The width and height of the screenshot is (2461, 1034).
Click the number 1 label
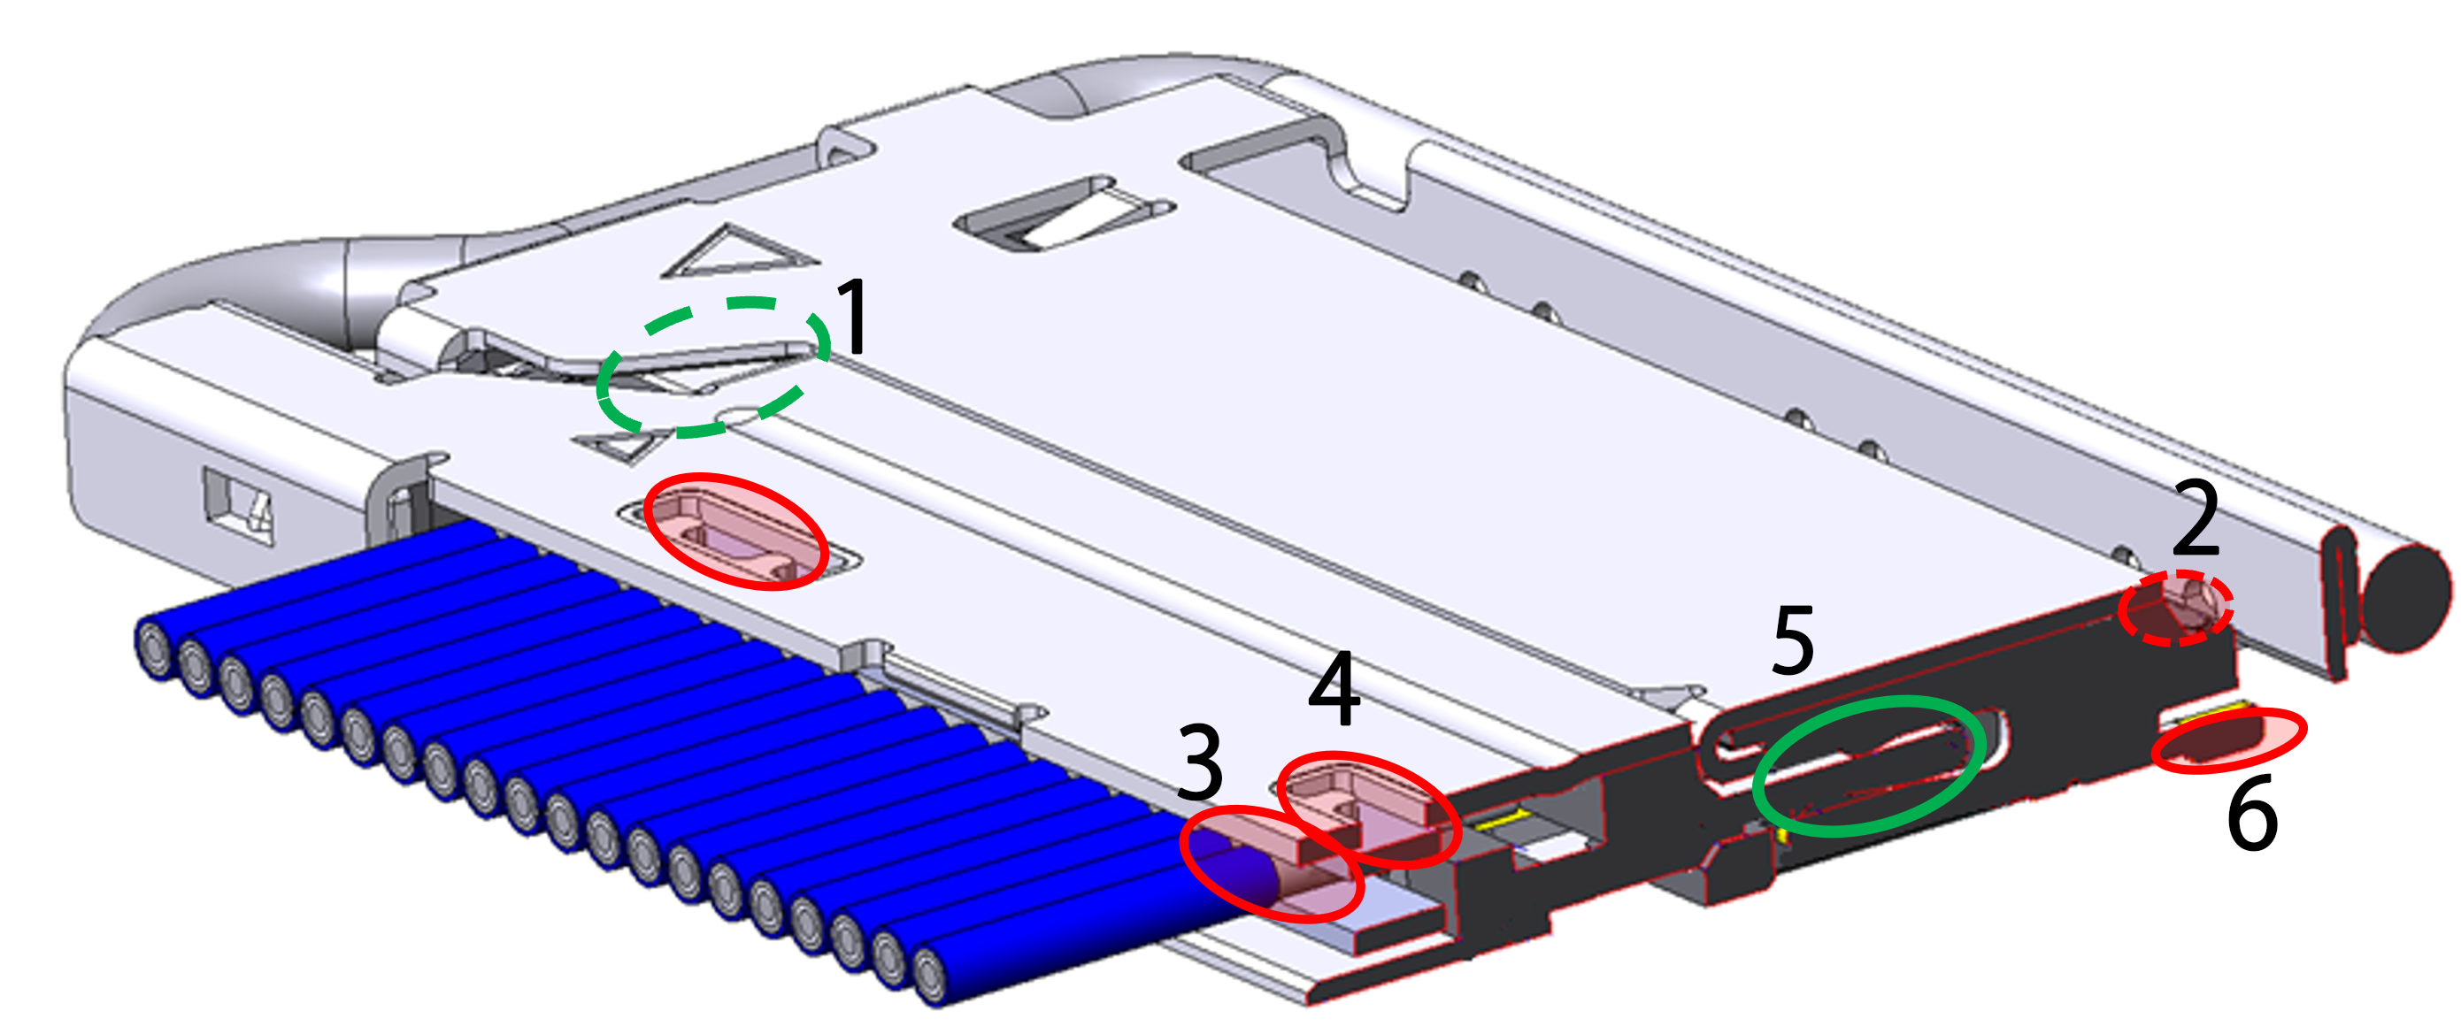tap(851, 317)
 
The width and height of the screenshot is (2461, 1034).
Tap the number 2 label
tap(2196, 517)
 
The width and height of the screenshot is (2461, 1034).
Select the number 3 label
tap(1200, 762)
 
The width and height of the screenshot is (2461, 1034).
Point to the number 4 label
tap(1334, 689)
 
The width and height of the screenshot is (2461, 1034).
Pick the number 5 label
tap(1793, 640)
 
